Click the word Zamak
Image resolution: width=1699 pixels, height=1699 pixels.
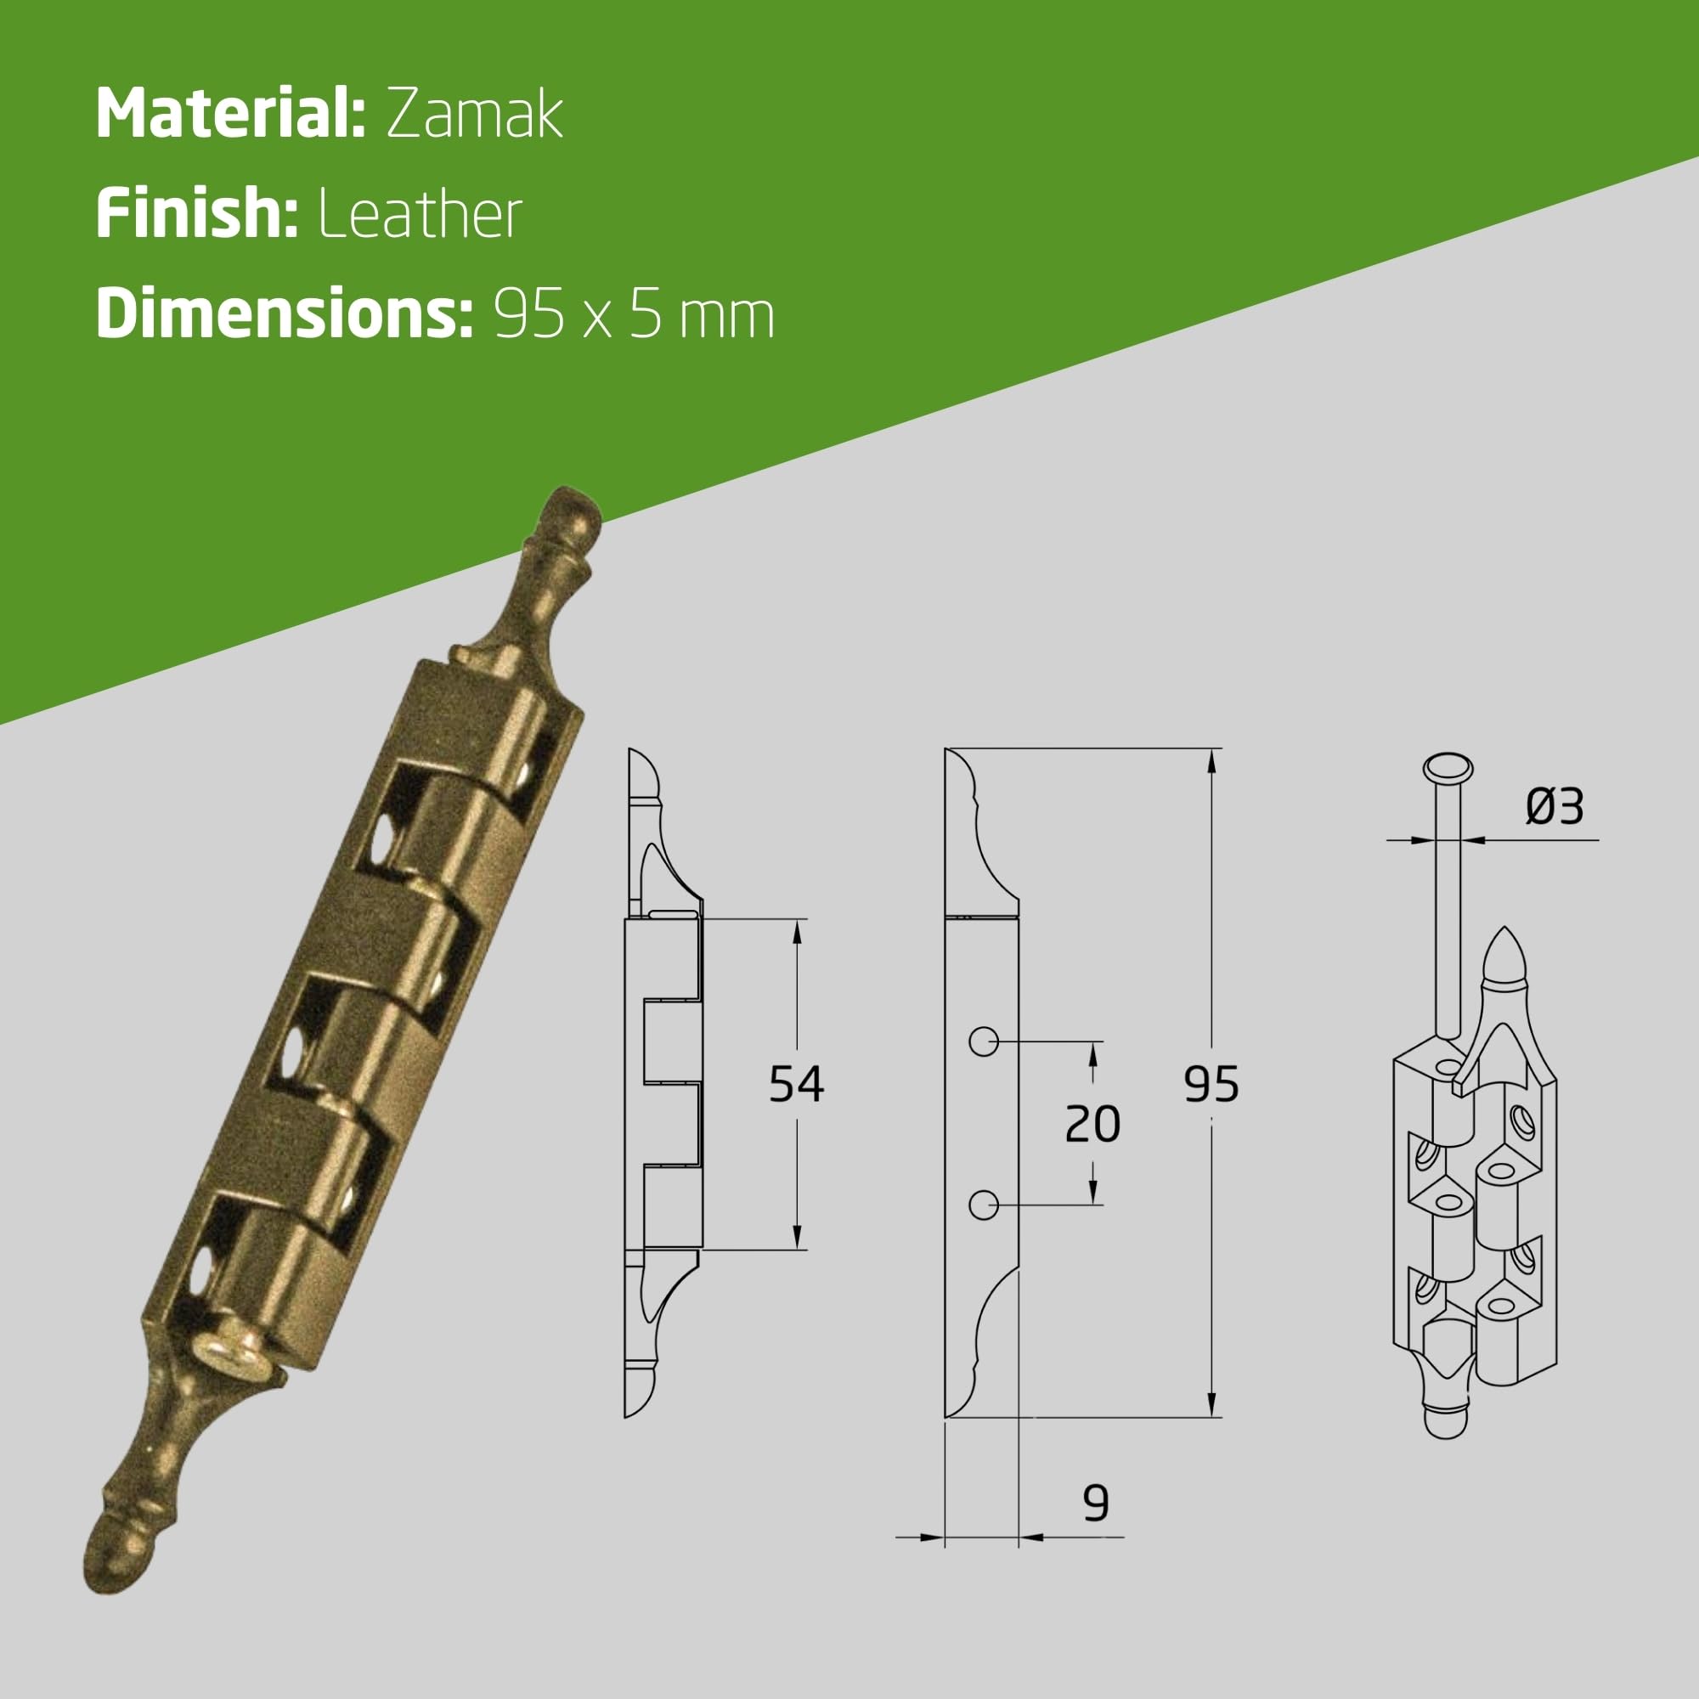(474, 115)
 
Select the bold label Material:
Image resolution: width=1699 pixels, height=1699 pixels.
(230, 113)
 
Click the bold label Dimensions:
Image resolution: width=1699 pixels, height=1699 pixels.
(284, 314)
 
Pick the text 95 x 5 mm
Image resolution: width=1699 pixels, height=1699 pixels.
(633, 315)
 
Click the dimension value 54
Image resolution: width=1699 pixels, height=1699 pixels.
(796, 1083)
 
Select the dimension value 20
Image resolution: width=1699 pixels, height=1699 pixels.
(1092, 1124)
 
